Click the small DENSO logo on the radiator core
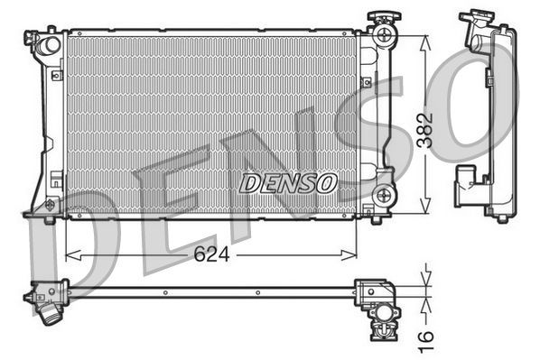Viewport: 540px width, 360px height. click(288, 182)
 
